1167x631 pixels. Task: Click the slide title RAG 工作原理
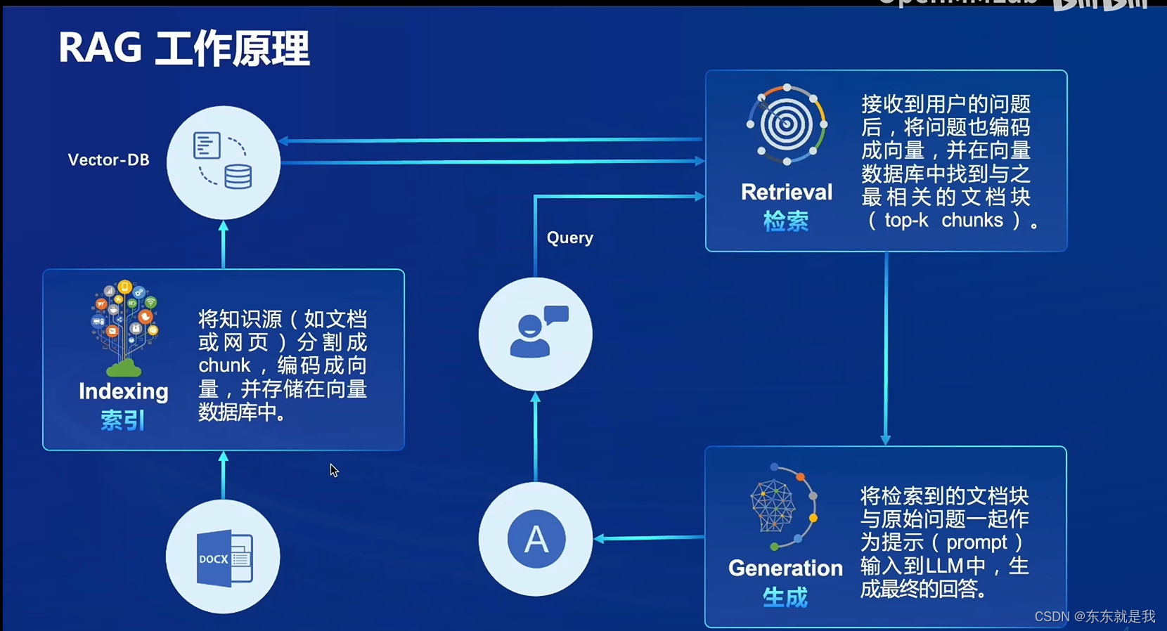point(183,48)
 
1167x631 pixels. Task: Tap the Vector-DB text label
point(109,160)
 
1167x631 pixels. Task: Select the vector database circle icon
point(223,162)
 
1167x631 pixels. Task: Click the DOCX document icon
point(224,558)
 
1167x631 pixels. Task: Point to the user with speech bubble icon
point(536,333)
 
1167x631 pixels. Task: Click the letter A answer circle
point(536,539)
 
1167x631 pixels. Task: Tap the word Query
point(570,238)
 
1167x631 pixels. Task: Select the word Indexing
point(124,391)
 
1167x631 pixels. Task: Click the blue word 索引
point(123,421)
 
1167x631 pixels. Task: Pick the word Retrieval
point(787,192)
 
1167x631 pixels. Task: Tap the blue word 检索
point(786,221)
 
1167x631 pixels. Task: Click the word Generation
point(785,568)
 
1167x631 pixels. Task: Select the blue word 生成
point(785,598)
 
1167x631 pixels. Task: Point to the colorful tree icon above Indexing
point(124,327)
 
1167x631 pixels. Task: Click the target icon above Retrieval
point(787,125)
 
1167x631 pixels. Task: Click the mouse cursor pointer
point(334,471)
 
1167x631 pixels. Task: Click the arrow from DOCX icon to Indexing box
point(224,475)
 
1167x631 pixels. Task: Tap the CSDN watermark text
point(1095,616)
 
